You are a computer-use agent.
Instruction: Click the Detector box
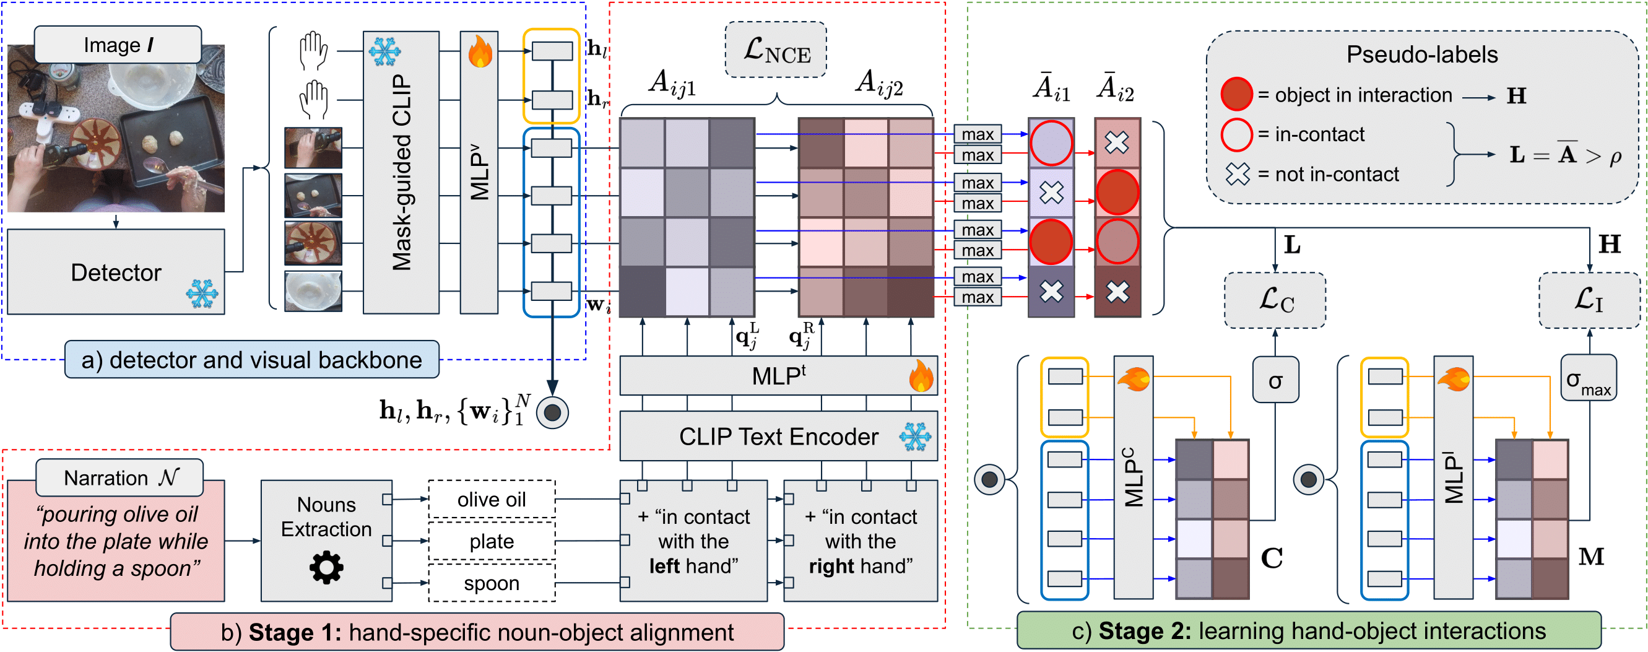[116, 272]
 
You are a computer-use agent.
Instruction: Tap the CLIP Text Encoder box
[778, 437]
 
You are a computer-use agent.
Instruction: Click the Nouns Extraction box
[326, 540]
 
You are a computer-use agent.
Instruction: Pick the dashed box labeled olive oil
[492, 499]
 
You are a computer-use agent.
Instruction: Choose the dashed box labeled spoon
[492, 583]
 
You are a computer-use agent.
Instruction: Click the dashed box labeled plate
[492, 541]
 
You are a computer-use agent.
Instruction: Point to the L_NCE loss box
[776, 50]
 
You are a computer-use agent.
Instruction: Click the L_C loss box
[1275, 300]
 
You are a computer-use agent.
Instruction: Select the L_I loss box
[1590, 300]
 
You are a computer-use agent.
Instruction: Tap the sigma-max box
[1589, 379]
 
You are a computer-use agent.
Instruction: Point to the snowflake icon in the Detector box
[202, 293]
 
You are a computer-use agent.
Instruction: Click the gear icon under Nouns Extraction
[326, 568]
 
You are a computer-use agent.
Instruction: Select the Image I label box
[118, 45]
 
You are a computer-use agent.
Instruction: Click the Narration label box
[119, 477]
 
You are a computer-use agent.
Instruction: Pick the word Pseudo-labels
[1421, 54]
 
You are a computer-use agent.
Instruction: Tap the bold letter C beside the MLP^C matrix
[1271, 558]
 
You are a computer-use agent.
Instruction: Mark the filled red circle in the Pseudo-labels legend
[1236, 95]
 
